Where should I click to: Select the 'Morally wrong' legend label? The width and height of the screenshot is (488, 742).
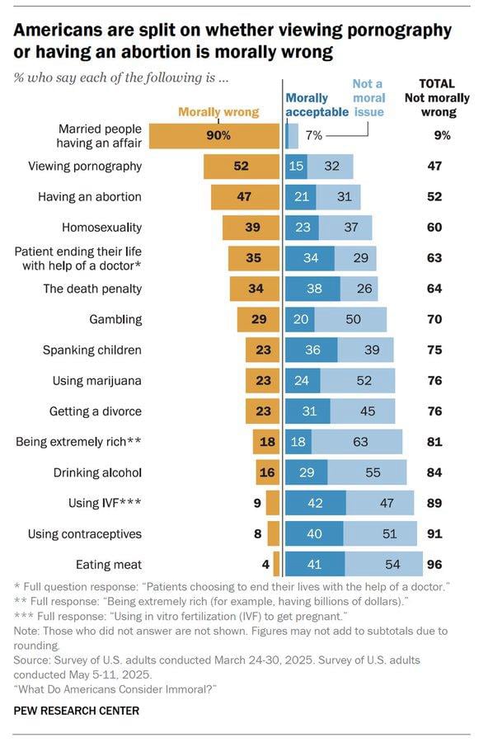[218, 112]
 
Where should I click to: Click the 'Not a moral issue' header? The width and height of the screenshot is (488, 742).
[368, 98]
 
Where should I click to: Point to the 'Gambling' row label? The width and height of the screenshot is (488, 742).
[115, 319]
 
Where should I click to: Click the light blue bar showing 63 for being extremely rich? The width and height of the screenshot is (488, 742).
[359, 442]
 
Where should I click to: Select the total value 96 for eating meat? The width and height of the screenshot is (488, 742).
[434, 565]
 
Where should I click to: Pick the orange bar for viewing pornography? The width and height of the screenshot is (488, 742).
[242, 166]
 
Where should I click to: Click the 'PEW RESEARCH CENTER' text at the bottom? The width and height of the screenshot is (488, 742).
[77, 710]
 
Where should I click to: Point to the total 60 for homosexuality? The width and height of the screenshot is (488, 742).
[434, 227]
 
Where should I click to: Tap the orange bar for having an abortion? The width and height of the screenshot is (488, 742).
[245, 196]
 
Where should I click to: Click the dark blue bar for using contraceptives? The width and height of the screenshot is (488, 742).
[313, 533]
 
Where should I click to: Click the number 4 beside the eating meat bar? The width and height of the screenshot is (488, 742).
[265, 565]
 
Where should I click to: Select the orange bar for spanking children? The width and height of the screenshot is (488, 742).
[263, 350]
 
